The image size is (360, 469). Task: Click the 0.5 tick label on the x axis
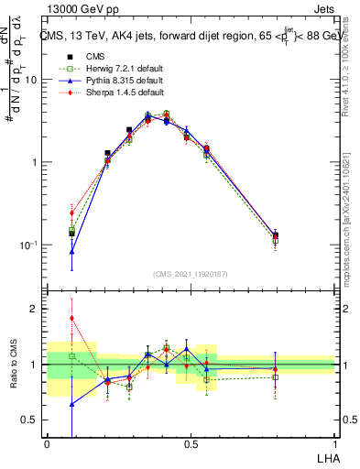coord(190,443)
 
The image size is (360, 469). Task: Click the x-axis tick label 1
coord(334,443)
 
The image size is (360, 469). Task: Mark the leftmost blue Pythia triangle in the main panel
coord(71,251)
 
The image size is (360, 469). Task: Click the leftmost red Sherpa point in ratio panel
coord(71,318)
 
